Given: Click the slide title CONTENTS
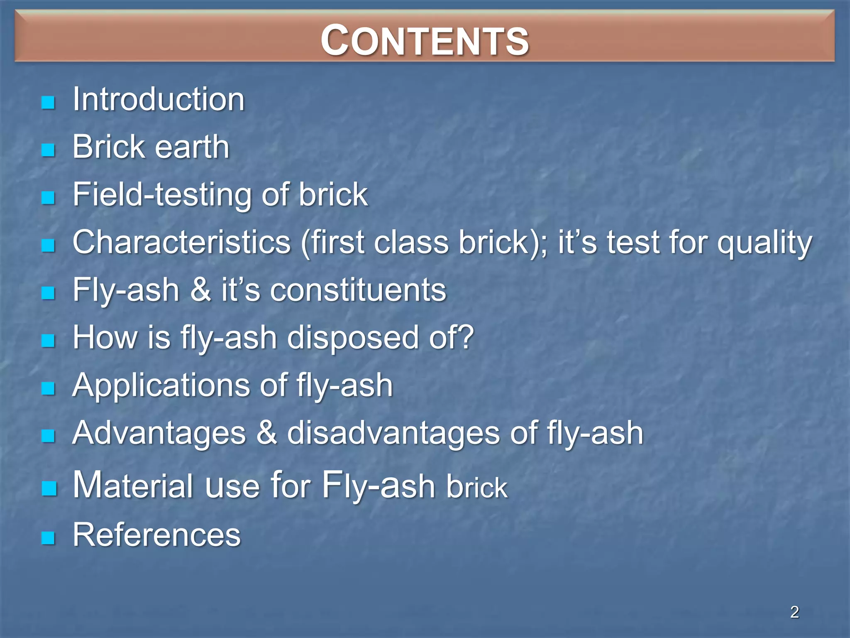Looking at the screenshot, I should tap(425, 40).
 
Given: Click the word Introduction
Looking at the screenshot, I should tap(159, 100).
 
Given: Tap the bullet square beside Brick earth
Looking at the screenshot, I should tap(49, 150).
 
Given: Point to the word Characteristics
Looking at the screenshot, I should tap(181, 242).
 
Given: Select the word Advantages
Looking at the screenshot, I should tap(159, 434).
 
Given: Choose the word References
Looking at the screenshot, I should tap(156, 535).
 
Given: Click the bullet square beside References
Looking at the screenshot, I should tap(49, 538).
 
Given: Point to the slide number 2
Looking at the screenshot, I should tap(794, 612).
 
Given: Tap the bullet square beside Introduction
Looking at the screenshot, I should tap(49, 102).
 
